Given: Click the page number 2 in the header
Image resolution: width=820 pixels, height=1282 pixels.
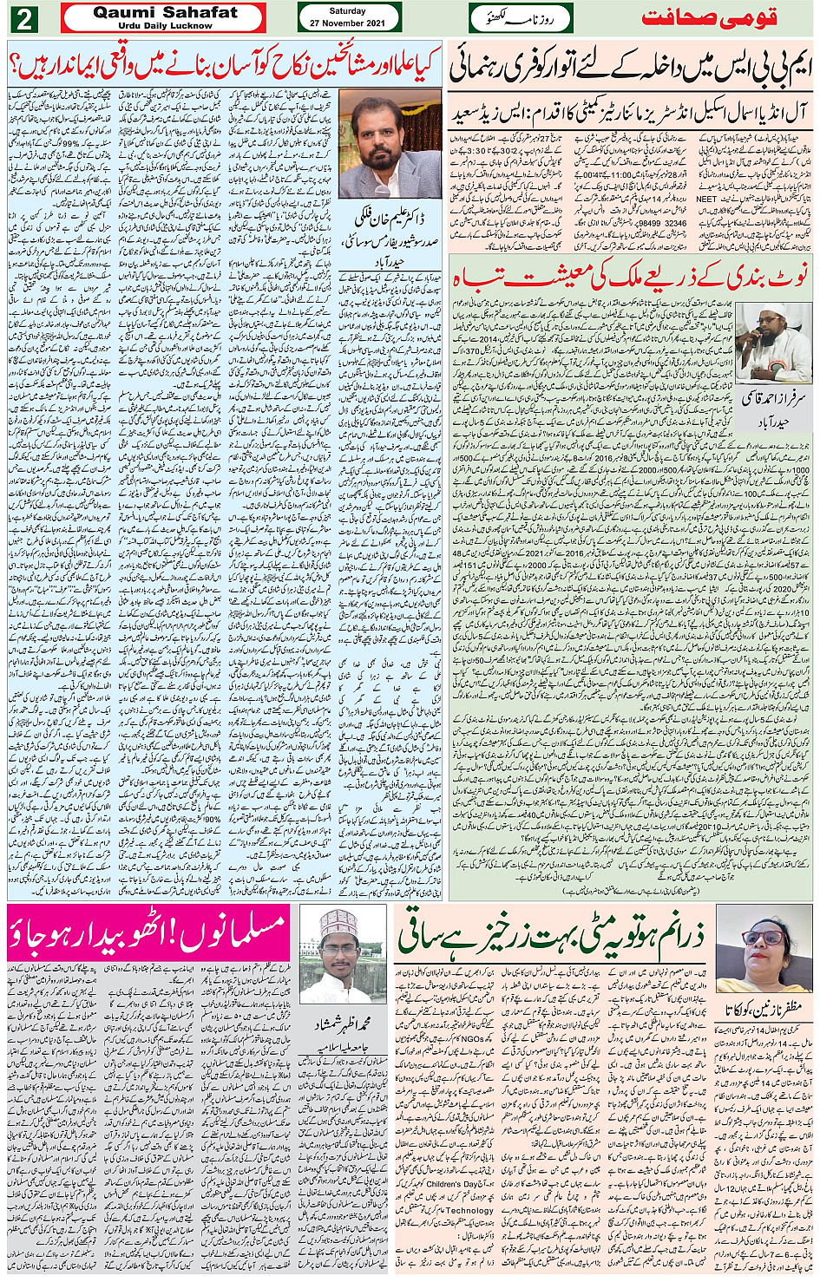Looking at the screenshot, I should coord(23,18).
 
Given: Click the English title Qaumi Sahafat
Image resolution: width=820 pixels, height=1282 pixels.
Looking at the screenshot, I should coord(165,12).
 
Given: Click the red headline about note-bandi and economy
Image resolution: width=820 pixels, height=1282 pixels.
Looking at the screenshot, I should coord(630,276).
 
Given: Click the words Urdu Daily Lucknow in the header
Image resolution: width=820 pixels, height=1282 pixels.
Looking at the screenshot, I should coord(165,26).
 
